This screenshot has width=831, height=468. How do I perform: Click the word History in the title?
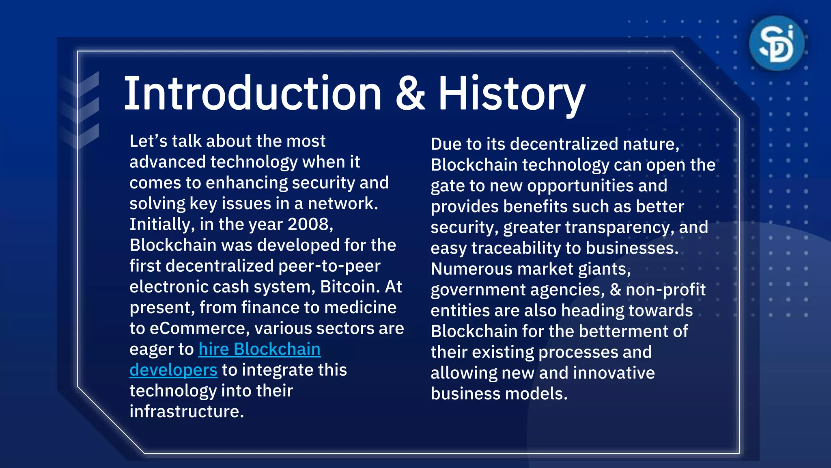[511, 94]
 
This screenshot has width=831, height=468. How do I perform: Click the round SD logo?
[776, 43]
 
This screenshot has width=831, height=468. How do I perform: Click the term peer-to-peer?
[329, 266]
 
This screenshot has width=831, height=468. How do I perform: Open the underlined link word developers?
[173, 370]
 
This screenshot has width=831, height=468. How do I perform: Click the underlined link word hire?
[214, 349]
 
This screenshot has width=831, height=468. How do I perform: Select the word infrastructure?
[187, 412]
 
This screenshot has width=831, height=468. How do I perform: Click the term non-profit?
[665, 290]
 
